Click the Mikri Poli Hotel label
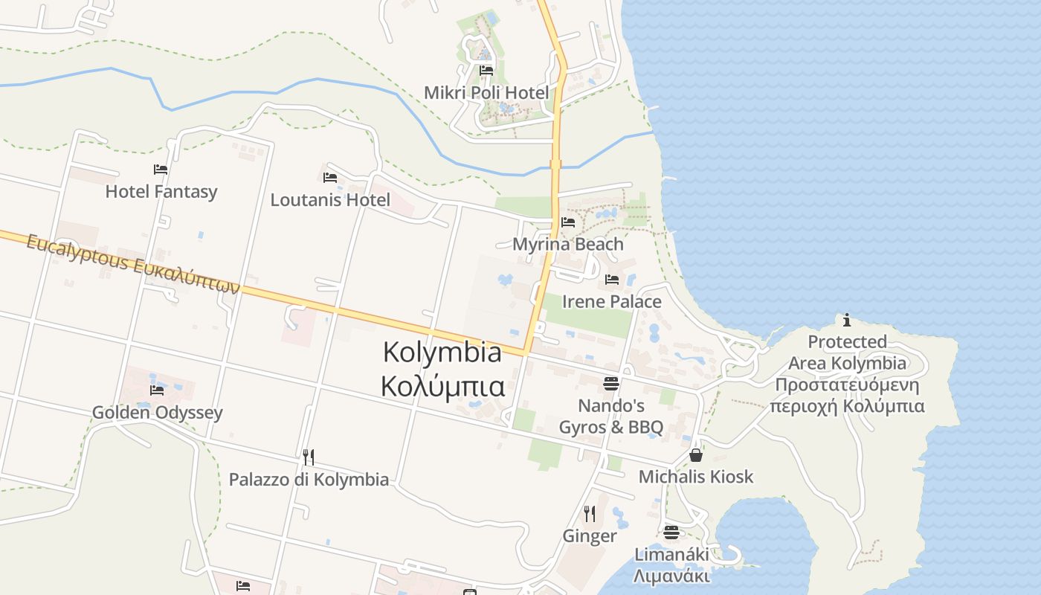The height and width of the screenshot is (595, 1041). click(x=486, y=93)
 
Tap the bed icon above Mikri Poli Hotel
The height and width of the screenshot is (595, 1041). click(x=486, y=70)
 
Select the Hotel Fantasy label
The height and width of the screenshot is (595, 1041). click(x=161, y=192)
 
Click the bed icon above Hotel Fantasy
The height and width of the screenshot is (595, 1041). click(x=161, y=170)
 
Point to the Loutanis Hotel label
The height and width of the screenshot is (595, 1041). click(x=330, y=200)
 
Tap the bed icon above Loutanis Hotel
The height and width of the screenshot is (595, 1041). click(x=330, y=178)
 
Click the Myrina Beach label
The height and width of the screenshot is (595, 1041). click(x=568, y=244)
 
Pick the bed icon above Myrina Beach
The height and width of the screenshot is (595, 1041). click(x=568, y=222)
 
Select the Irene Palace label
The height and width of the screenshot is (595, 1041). click(x=611, y=301)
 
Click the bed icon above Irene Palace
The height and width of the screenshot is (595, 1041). click(x=612, y=280)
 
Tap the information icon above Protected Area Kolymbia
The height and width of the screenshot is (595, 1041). click(x=847, y=320)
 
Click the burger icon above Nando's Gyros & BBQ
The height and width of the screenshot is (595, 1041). click(x=611, y=384)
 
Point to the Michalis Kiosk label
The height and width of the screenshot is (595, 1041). click(x=696, y=477)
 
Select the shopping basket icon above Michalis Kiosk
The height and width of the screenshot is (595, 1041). click(x=696, y=454)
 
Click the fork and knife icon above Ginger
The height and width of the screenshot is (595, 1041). click(x=590, y=513)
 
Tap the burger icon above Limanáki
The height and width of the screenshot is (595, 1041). click(x=671, y=532)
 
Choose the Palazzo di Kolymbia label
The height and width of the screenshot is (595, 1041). click(x=309, y=480)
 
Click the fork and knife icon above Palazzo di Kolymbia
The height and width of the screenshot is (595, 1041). click(x=309, y=457)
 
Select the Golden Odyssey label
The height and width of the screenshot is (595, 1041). click(x=157, y=413)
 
